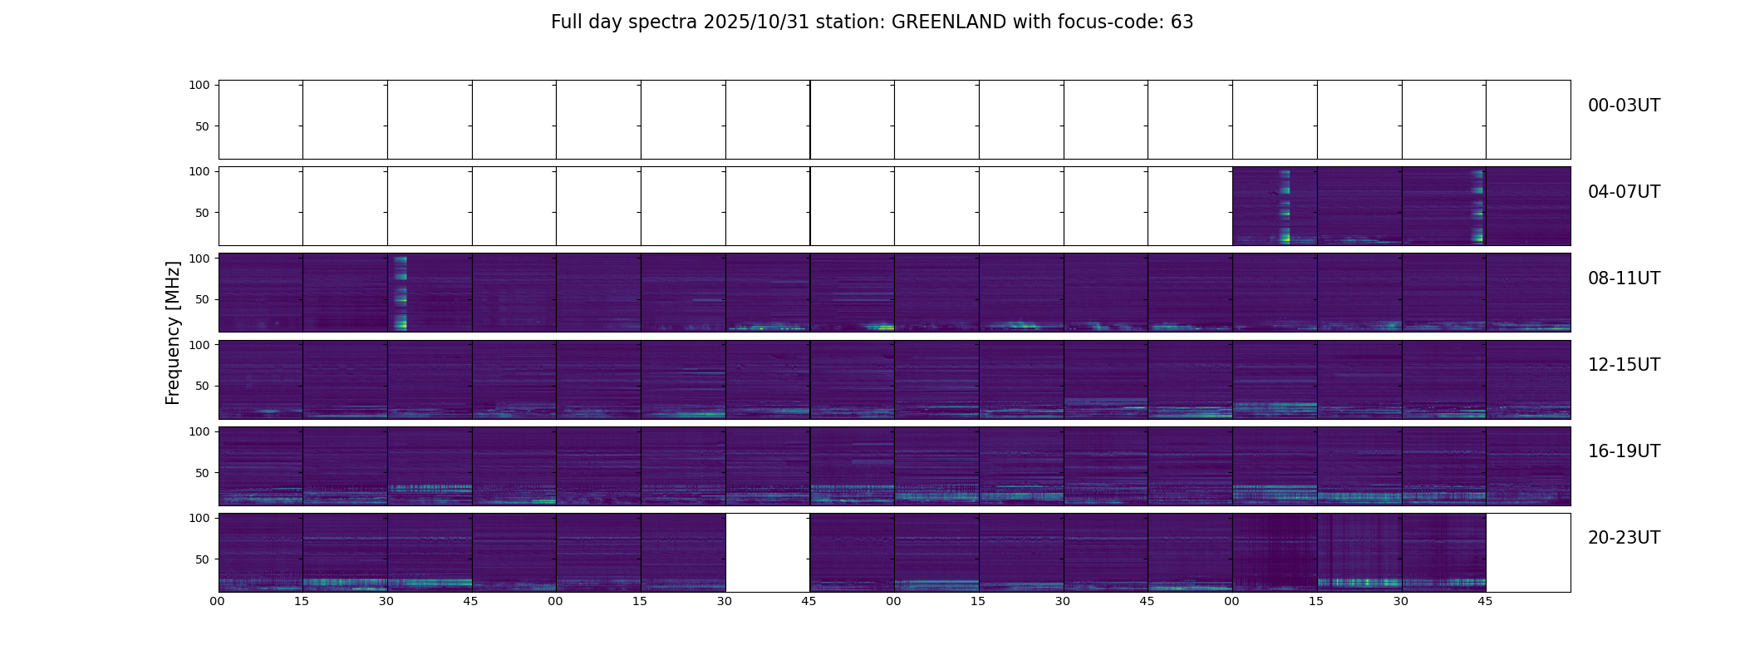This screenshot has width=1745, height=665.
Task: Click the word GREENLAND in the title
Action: click(x=949, y=22)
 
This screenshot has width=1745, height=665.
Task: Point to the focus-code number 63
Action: click(x=1182, y=22)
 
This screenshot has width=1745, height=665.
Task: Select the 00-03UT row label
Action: click(x=1624, y=106)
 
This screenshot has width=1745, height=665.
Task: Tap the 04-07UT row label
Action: click(x=1624, y=192)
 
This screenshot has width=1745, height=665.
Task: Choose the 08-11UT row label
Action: click(x=1624, y=278)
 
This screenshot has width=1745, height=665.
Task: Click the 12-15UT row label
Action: click(x=1624, y=365)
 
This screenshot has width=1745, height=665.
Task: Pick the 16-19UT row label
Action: click(x=1624, y=451)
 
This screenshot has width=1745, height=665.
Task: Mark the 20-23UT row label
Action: click(x=1624, y=538)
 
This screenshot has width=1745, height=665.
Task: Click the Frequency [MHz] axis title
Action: click(x=173, y=332)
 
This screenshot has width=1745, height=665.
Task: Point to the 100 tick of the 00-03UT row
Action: click(x=199, y=85)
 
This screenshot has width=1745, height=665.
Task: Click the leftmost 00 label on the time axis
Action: click(x=218, y=601)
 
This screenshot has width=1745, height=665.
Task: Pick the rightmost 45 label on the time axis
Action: click(x=1485, y=601)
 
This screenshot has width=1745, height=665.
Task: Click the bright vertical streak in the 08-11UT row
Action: click(x=400, y=293)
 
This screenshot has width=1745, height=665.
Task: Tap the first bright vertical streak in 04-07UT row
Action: click(x=1285, y=206)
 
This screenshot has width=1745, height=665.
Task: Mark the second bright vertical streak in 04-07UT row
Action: click(x=1477, y=206)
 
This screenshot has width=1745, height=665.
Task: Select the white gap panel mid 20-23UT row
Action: click(x=768, y=553)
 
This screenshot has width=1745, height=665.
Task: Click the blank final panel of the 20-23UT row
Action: click(x=1528, y=553)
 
